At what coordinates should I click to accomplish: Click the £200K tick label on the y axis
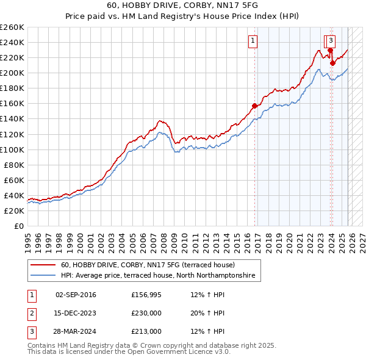click(12, 73)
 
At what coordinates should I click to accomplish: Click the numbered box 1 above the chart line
click(253, 41)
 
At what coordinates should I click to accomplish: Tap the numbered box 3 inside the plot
click(330, 41)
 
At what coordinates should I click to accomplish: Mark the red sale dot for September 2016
click(254, 106)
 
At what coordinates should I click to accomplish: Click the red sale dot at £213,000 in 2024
click(332, 62)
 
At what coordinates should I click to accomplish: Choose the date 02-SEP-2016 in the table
click(76, 295)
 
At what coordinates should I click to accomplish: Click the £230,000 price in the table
click(146, 313)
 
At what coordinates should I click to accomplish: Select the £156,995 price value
click(146, 295)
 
